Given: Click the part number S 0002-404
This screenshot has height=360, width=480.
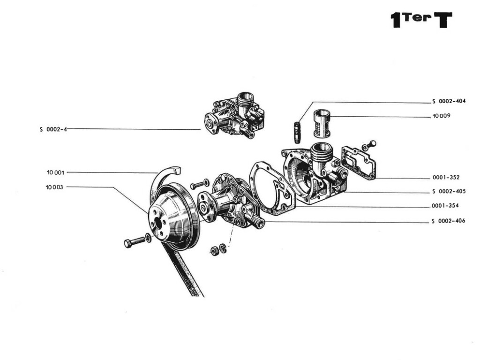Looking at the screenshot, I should click(448, 101).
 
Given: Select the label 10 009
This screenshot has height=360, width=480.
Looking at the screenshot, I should click(442, 116).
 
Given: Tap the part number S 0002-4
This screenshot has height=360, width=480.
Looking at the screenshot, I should click(53, 129).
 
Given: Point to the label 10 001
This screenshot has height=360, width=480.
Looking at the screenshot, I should click(55, 172).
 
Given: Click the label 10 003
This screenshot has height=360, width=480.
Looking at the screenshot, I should click(55, 187).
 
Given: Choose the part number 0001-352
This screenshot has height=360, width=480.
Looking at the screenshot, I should click(446, 178).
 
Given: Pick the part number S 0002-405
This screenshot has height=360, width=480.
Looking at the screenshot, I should click(448, 192).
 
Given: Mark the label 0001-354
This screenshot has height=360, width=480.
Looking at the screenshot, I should click(445, 206).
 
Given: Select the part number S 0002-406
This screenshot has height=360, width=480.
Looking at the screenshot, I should click(448, 221).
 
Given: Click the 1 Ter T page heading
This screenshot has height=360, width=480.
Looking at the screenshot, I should click(421, 20).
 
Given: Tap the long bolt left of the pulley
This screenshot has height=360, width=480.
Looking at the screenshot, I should click(135, 241).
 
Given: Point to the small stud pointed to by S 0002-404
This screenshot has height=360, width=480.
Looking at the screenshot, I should click(296, 132).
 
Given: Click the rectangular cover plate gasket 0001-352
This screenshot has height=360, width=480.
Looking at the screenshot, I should click(360, 162).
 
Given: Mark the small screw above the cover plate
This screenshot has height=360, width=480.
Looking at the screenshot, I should click(372, 143).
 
